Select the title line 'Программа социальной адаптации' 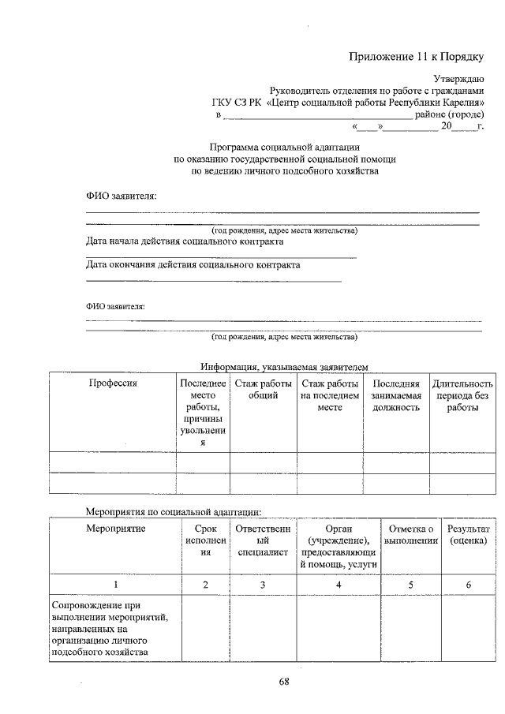tap(285, 147)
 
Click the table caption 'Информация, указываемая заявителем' tap(284, 366)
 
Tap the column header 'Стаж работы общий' tap(263, 389)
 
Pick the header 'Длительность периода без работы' tap(462, 395)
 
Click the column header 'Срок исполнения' tap(205, 540)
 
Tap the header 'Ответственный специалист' tap(263, 540)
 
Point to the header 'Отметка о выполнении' tap(411, 534)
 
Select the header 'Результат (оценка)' tap(468, 534)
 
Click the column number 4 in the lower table tap(338, 585)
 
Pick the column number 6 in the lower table tap(468, 585)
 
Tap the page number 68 tap(284, 682)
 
